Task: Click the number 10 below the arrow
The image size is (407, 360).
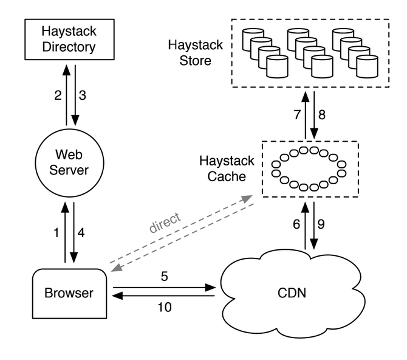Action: click(x=165, y=308)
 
